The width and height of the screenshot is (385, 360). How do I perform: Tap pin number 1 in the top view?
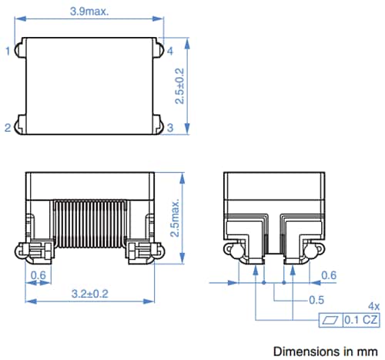[8, 52]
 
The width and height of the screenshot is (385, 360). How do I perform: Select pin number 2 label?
[8, 128]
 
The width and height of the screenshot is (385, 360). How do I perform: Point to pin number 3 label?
[171, 128]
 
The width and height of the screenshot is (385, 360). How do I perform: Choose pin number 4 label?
[171, 52]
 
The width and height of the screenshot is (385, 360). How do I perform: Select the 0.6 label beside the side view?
[328, 275]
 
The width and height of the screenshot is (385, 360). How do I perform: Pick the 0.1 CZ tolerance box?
[360, 319]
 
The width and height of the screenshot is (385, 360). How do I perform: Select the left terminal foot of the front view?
[35, 250]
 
